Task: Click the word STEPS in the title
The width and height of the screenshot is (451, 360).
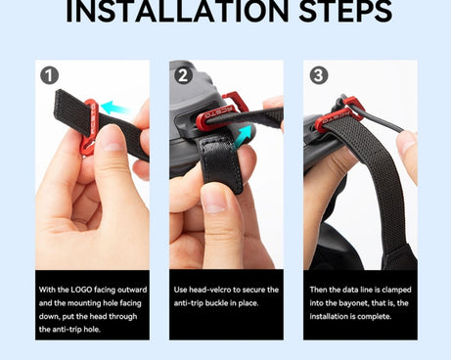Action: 345,12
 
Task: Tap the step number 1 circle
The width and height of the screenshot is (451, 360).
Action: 49,75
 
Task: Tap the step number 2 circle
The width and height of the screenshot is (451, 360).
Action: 184,75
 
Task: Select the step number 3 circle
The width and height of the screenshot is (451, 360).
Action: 319,75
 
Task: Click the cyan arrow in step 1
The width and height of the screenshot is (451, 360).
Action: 114,108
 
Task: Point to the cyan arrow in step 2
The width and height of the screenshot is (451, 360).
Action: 243,137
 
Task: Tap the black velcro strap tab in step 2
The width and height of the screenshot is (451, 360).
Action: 223,164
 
